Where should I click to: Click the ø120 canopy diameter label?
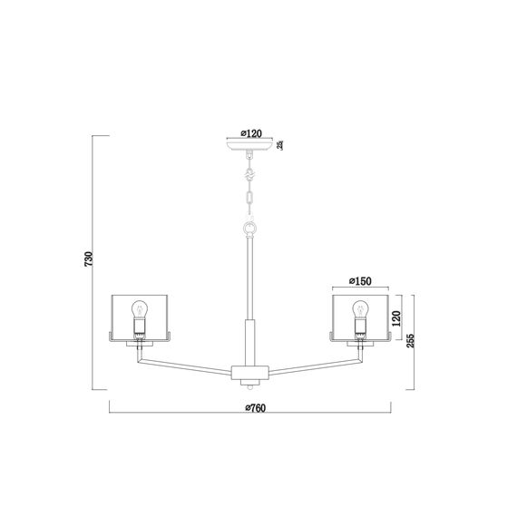(x=249, y=133)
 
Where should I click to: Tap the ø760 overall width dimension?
(x=253, y=409)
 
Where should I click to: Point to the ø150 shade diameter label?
(x=360, y=282)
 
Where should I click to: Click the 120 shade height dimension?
(x=396, y=319)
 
